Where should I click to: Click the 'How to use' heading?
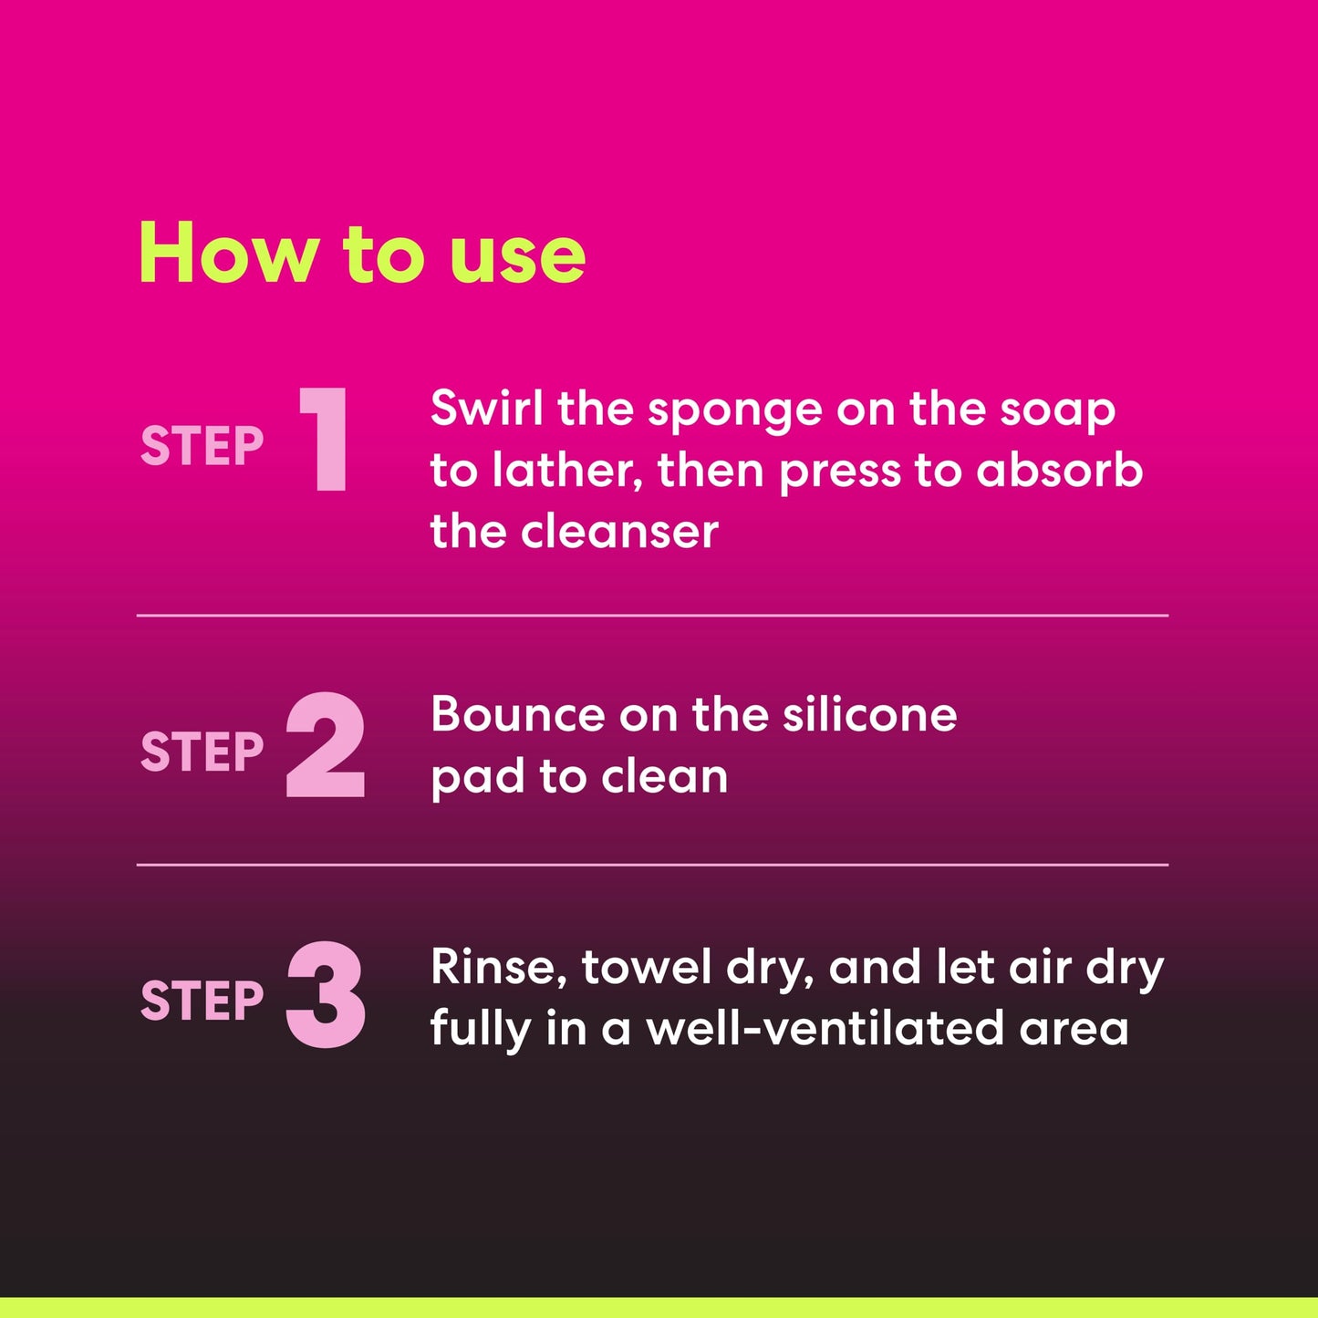(x=361, y=254)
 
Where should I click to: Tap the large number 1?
(x=327, y=440)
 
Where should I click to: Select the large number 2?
(x=326, y=746)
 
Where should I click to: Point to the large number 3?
(x=326, y=995)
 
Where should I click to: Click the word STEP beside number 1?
(x=202, y=446)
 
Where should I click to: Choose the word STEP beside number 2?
(x=202, y=752)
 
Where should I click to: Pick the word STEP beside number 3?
(x=202, y=1001)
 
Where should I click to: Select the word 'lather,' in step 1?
(x=567, y=472)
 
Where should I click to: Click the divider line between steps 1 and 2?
(x=652, y=616)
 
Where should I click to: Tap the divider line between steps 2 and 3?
(x=652, y=865)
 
